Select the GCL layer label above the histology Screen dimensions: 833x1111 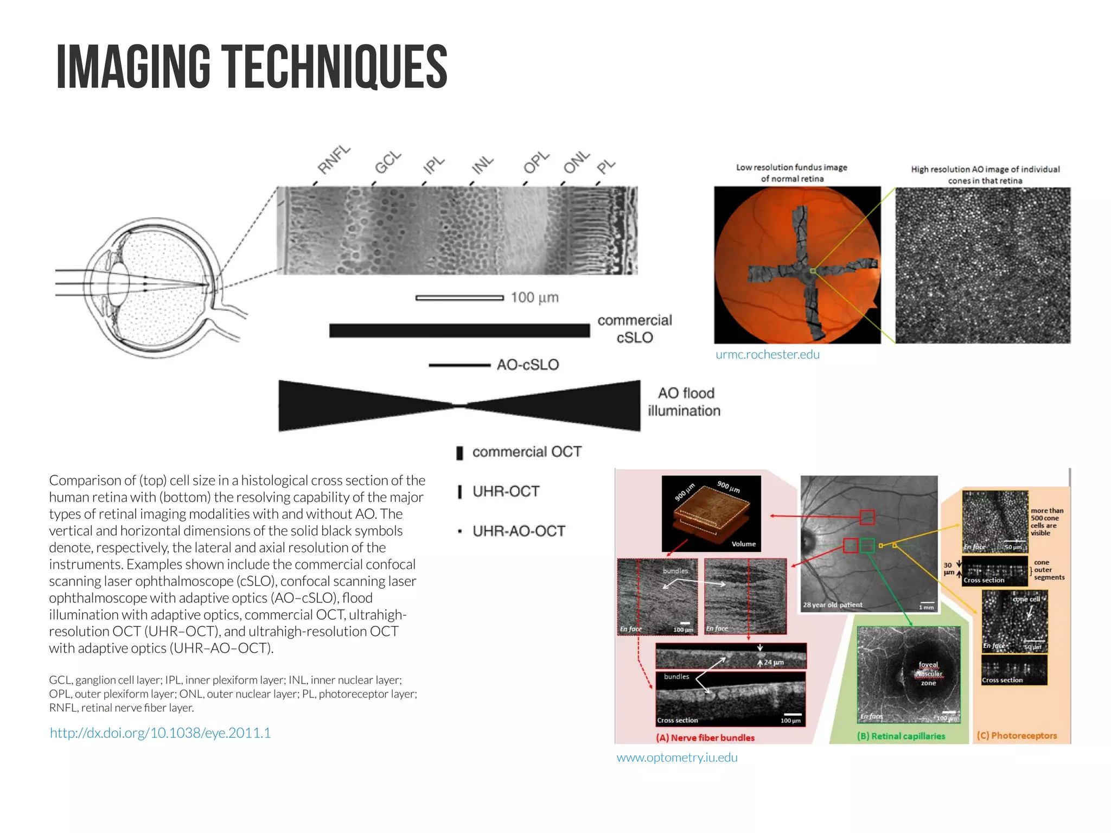[x=388, y=162]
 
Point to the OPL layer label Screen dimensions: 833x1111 [x=536, y=162]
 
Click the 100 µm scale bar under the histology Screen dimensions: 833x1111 [x=459, y=297]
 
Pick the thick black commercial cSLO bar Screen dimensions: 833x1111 [x=459, y=330]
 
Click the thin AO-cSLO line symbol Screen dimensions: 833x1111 [x=459, y=365]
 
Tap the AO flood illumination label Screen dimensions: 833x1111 [x=685, y=402]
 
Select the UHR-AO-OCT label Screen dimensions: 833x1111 [x=519, y=531]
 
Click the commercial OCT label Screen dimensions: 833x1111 [x=527, y=452]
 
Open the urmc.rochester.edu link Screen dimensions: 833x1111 [x=767, y=354]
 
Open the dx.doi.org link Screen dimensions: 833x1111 [x=160, y=733]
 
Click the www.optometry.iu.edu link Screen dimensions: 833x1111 [x=677, y=758]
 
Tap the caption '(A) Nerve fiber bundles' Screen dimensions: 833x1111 [x=705, y=737]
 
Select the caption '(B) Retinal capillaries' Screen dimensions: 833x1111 [x=901, y=736]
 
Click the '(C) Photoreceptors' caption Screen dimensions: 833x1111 [x=1017, y=735]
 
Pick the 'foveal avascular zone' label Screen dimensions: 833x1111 [x=928, y=673]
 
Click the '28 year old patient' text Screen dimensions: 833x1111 [x=833, y=605]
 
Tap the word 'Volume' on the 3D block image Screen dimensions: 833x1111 [x=743, y=544]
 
